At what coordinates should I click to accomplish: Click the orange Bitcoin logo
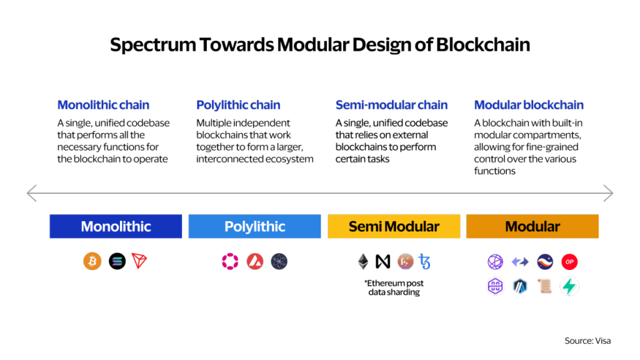92,261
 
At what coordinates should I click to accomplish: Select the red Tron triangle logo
139,261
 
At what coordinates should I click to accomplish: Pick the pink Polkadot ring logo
230,262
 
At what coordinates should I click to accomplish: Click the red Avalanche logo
254,262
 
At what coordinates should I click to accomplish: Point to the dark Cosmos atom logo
279,262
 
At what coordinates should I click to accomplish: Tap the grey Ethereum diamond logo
363,261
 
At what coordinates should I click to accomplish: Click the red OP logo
569,262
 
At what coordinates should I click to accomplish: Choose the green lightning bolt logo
569,286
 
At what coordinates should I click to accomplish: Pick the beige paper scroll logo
544,287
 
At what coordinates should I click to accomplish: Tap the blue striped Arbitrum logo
521,287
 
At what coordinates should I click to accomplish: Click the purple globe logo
496,261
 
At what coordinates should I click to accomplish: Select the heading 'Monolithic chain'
104,105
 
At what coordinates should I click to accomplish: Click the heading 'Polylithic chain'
239,105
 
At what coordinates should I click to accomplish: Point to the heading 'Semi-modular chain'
391,105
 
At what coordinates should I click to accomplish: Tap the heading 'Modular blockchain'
529,105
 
